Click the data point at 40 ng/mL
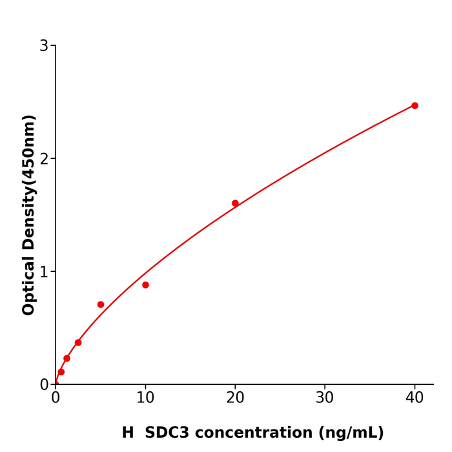pos(415,106)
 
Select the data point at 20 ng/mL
pos(235,203)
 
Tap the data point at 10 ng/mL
pos(145,285)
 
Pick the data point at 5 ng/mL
pos(101,305)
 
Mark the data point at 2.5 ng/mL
pos(78,343)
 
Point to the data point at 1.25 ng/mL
pos(67,358)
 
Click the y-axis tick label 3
pos(44,46)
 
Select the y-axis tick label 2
pos(44,159)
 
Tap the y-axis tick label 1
pos(44,272)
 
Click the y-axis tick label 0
pos(44,385)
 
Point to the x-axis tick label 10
pos(145,398)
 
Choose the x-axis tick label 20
pos(235,398)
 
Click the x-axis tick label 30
pos(325,398)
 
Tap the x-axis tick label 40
pos(415,398)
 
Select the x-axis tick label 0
pos(56,398)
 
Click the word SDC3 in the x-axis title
pos(167,433)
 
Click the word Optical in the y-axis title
pos(29,286)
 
